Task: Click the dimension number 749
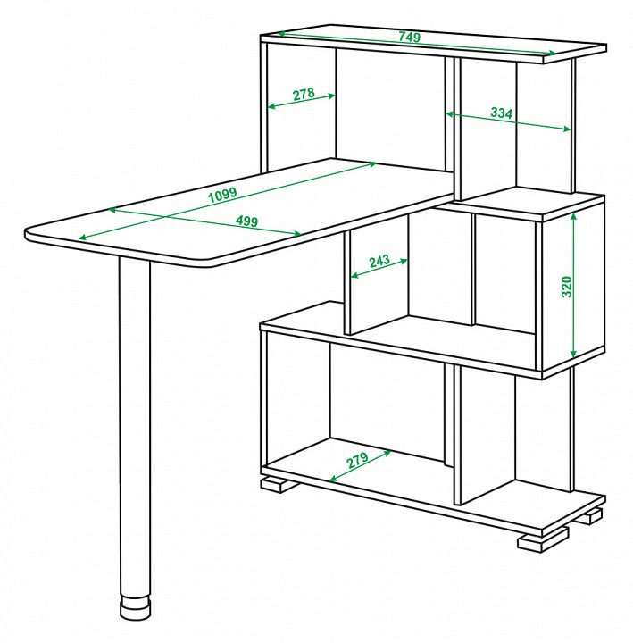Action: [409, 37]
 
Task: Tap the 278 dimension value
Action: [304, 94]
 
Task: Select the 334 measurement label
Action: [502, 113]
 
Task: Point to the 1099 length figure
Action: [222, 195]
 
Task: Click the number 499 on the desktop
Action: [246, 221]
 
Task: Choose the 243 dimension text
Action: [379, 261]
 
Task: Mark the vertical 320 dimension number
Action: [566, 287]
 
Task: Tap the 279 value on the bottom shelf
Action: [357, 460]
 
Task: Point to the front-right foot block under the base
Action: [543, 539]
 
